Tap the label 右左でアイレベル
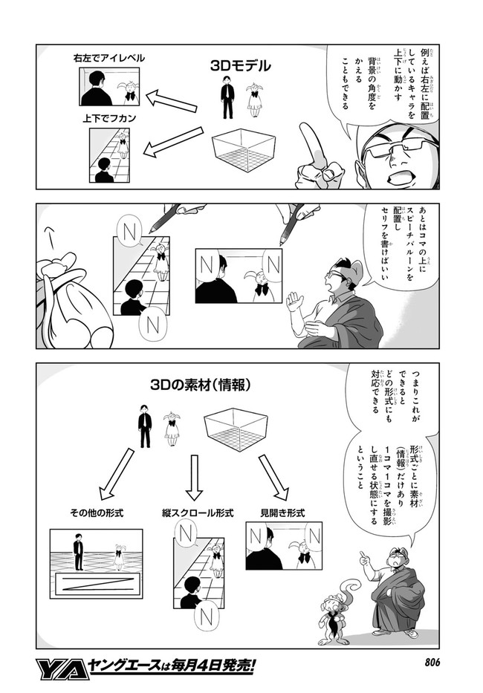(x=108, y=57)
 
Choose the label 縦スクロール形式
(x=198, y=513)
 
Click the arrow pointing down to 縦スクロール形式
(x=194, y=478)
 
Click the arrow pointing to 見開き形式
(x=273, y=478)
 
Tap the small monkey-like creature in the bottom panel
(x=333, y=613)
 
